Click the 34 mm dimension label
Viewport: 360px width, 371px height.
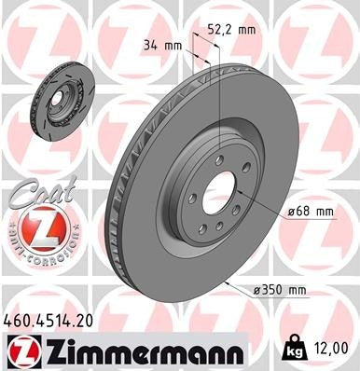point(162,45)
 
